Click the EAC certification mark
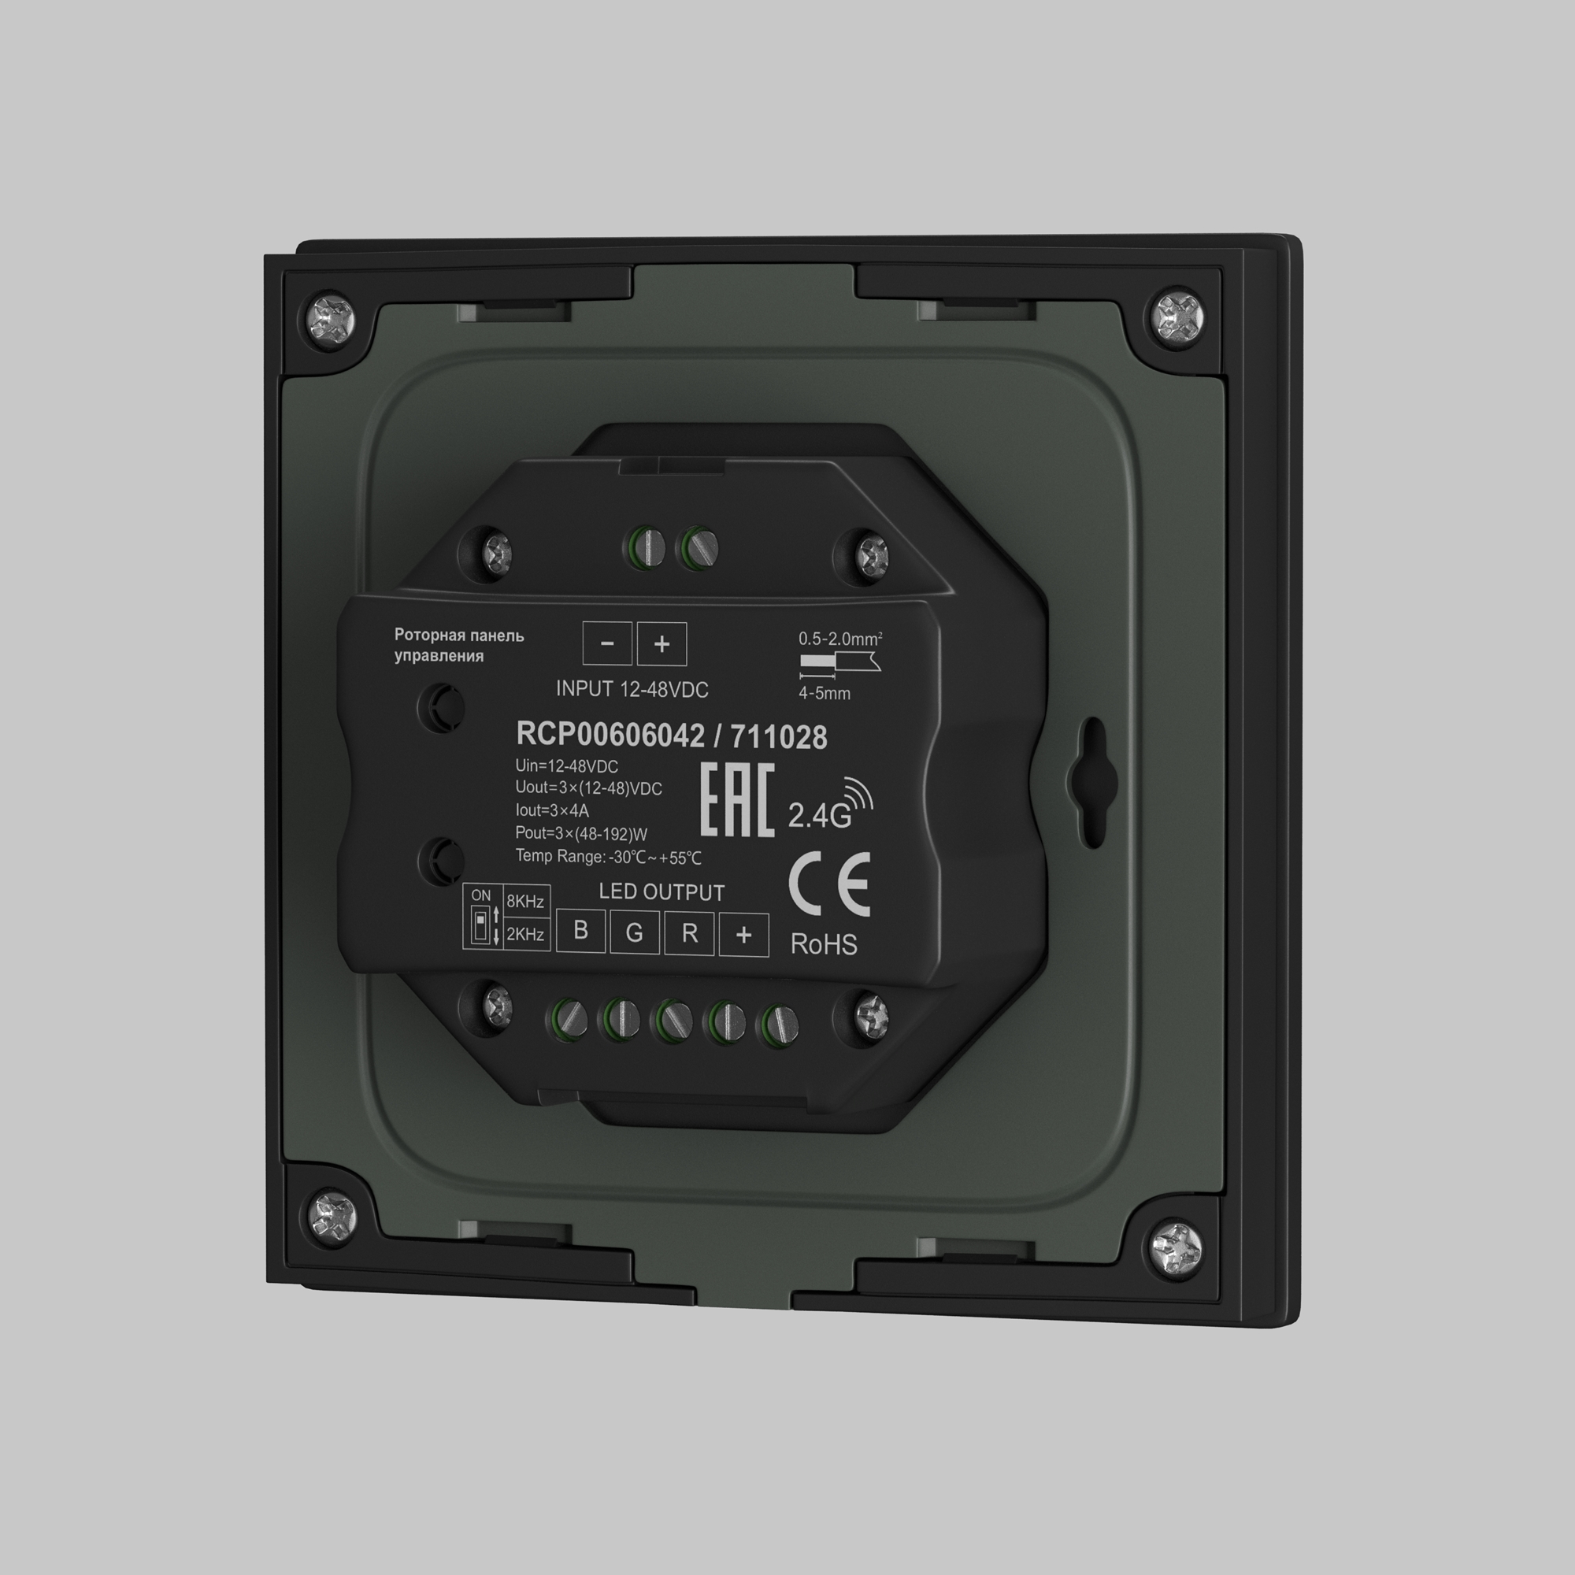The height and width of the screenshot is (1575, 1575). [x=737, y=802]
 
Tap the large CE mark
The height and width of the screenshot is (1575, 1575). [x=830, y=884]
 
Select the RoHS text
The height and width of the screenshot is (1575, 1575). [x=824, y=945]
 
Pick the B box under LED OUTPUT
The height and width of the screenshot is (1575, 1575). [x=580, y=930]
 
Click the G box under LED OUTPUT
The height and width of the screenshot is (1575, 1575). [x=634, y=932]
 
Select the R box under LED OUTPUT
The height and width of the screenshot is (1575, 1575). [x=689, y=933]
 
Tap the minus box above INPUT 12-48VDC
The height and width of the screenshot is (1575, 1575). [x=606, y=643]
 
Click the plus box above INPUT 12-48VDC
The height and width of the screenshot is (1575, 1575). [x=661, y=644]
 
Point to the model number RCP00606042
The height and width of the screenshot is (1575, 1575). [x=610, y=735]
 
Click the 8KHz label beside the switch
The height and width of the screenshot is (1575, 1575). [x=525, y=902]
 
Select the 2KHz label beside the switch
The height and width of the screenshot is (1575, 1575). [x=525, y=934]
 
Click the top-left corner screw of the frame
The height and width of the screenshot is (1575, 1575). [x=332, y=314]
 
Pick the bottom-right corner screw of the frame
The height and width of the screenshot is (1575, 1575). [x=1177, y=1248]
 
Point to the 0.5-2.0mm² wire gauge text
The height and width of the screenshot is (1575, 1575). [x=839, y=639]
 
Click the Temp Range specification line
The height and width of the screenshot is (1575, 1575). [x=608, y=857]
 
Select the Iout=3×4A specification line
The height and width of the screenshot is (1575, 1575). [x=552, y=810]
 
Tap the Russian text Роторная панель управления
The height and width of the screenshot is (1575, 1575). [x=458, y=645]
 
